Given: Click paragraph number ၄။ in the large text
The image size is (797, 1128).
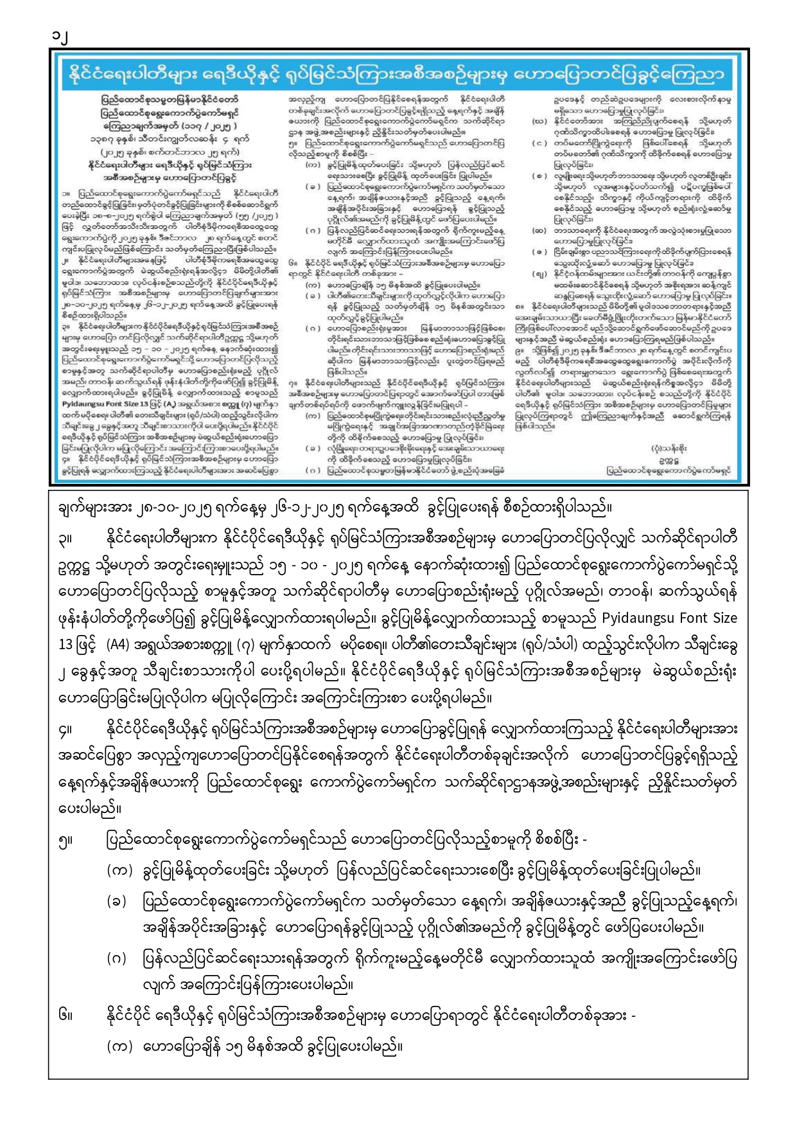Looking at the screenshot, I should tap(66, 731).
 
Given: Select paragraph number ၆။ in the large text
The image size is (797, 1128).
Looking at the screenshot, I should tap(66, 1016).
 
